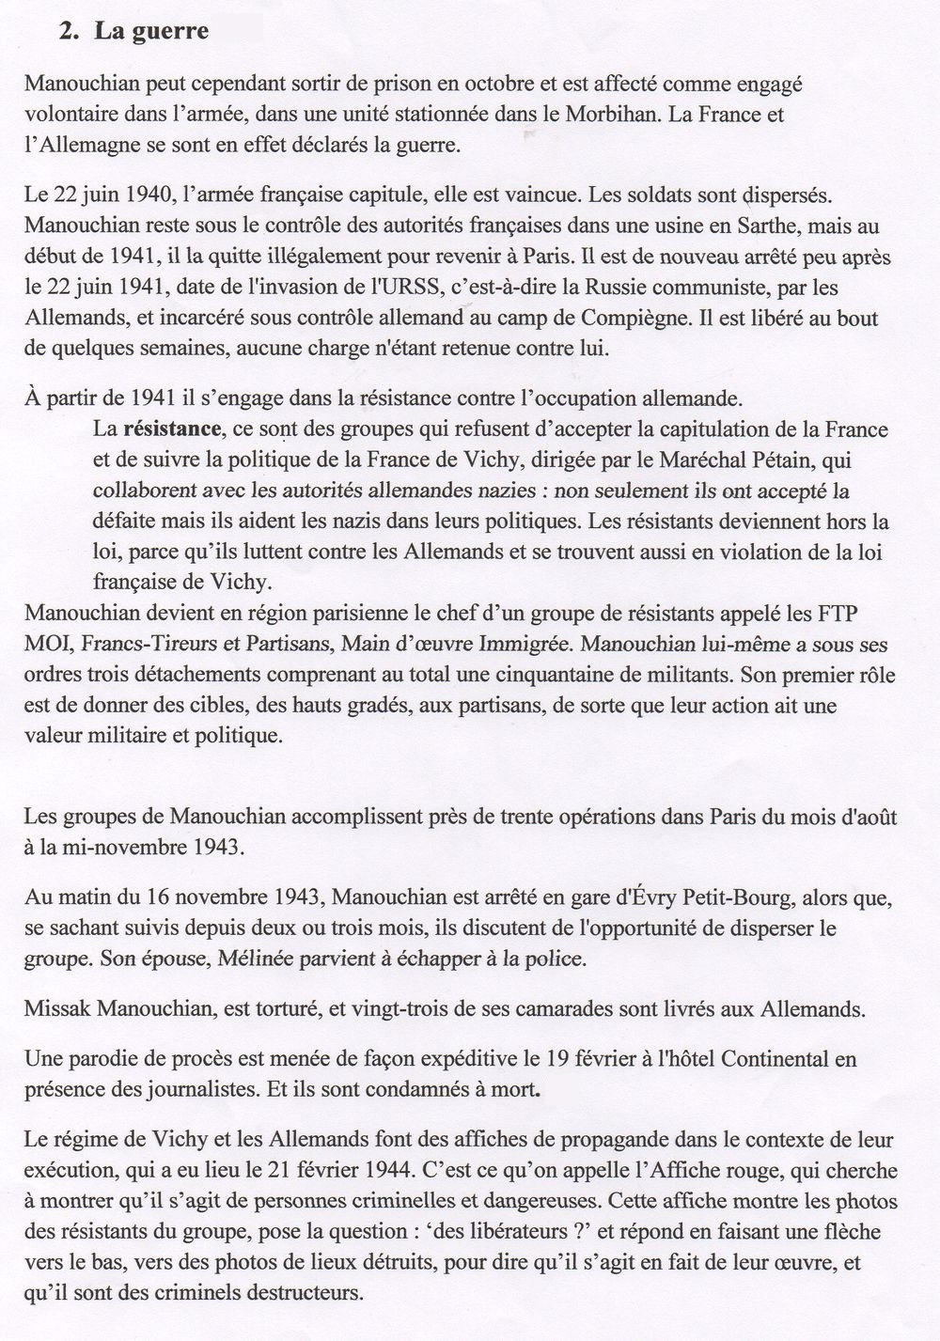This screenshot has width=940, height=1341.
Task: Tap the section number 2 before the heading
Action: coord(66,31)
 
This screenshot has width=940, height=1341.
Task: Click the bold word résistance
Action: coord(171,429)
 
